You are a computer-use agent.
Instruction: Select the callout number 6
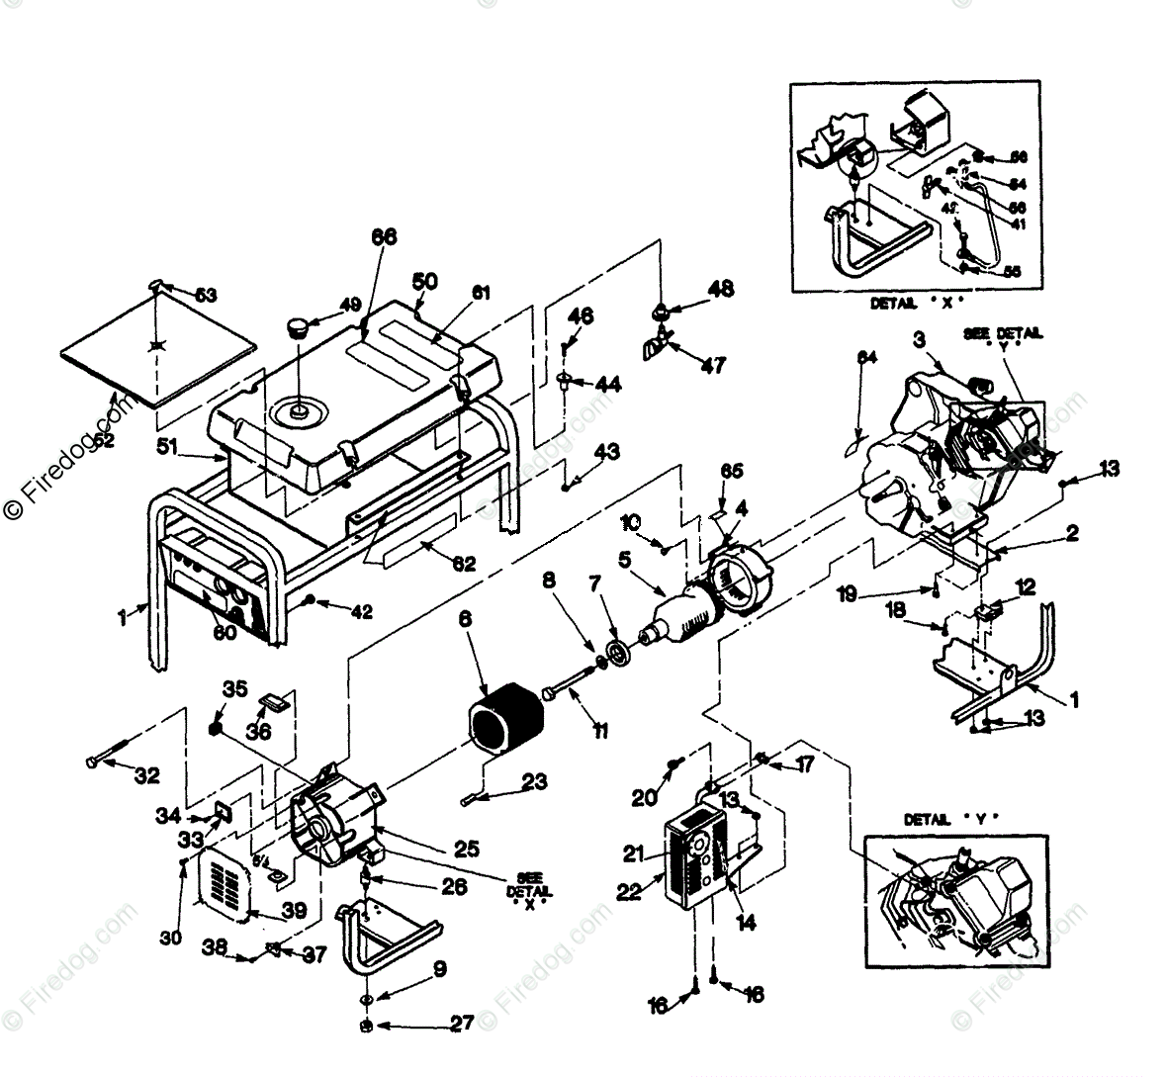[x=464, y=618]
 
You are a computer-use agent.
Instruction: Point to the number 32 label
[x=146, y=776]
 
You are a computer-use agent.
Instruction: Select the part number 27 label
[x=462, y=1024]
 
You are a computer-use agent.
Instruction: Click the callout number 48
[x=720, y=288]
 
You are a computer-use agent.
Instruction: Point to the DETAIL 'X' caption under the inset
[x=916, y=305]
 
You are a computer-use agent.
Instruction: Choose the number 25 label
[x=467, y=848]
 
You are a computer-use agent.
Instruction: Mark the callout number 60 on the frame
[x=224, y=632]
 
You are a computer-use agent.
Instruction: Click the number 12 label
[x=1026, y=588]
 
